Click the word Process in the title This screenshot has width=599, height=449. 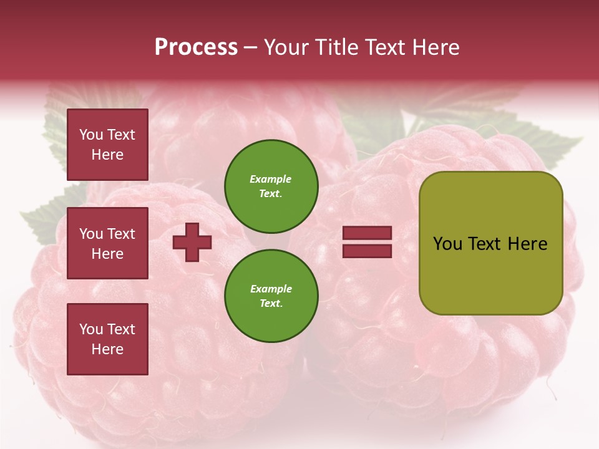pos(196,47)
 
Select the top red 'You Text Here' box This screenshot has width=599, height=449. pos(107,145)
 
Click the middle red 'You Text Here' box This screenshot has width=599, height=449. pos(107,243)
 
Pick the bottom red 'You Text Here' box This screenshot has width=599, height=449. pos(107,339)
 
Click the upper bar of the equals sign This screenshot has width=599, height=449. pos(367,233)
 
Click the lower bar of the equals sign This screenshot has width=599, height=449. pos(367,251)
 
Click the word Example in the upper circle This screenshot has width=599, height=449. pos(271,179)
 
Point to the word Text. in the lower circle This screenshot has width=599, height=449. pos(271,303)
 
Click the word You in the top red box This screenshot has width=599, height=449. pos(91,135)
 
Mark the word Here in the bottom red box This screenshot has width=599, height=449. pos(107,349)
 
